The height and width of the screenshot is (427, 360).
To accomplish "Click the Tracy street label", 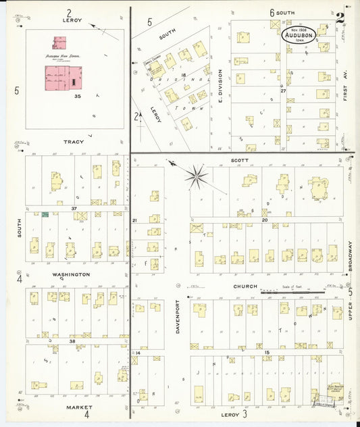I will click(x=74, y=142).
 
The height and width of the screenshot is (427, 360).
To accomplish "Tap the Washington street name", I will click(x=72, y=274).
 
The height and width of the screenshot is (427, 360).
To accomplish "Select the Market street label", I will click(x=79, y=407).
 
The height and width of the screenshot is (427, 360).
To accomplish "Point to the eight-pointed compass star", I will click(x=197, y=177).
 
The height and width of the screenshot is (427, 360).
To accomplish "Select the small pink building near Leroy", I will click(x=60, y=43).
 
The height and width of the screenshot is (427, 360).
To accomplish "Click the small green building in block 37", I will click(x=45, y=215).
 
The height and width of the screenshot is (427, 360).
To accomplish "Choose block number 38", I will click(x=73, y=342).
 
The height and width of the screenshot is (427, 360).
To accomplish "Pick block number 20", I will click(x=265, y=220).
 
